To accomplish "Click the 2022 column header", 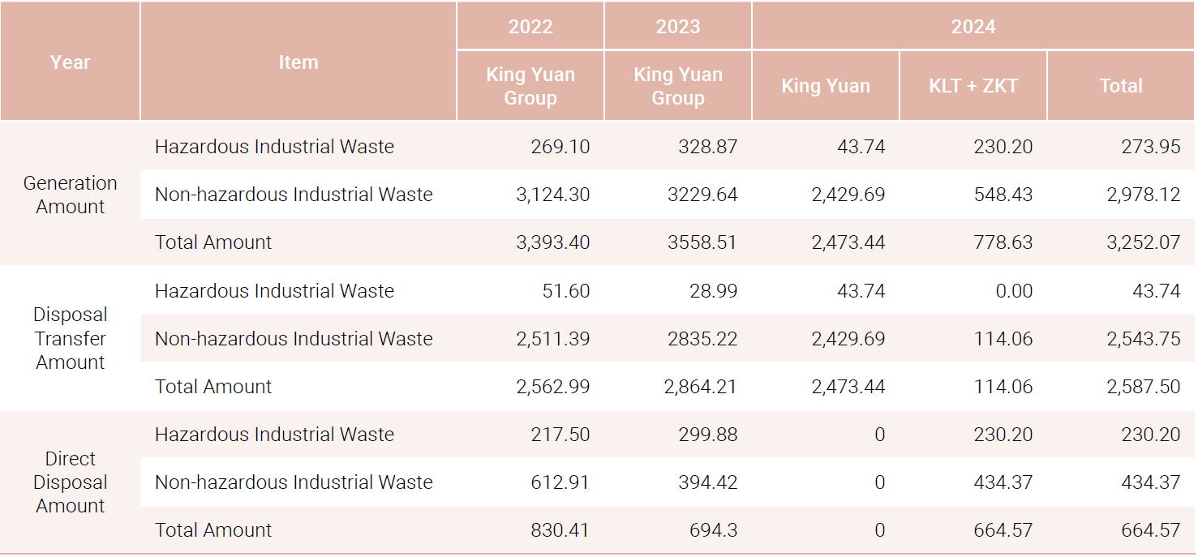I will tap(530, 27).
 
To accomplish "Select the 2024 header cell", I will tap(973, 27).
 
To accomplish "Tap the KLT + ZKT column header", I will tap(973, 86).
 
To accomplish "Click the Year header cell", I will tap(70, 62).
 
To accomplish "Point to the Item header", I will tap(298, 62).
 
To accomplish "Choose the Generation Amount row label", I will tap(70, 195).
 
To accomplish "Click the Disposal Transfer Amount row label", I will tap(70, 338).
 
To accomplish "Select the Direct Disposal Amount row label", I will tap(70, 482).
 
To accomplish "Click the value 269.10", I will tap(560, 147).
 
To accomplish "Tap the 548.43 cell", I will tap(1003, 195).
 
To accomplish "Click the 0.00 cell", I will tap(1014, 291).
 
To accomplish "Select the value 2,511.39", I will tap(553, 339).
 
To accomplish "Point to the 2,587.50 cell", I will tap(1143, 387).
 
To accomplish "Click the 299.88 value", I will tap(707, 435).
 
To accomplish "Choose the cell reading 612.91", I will tap(560, 482).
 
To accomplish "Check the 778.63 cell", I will tap(1003, 242).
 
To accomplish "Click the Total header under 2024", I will tap(1120, 86).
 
